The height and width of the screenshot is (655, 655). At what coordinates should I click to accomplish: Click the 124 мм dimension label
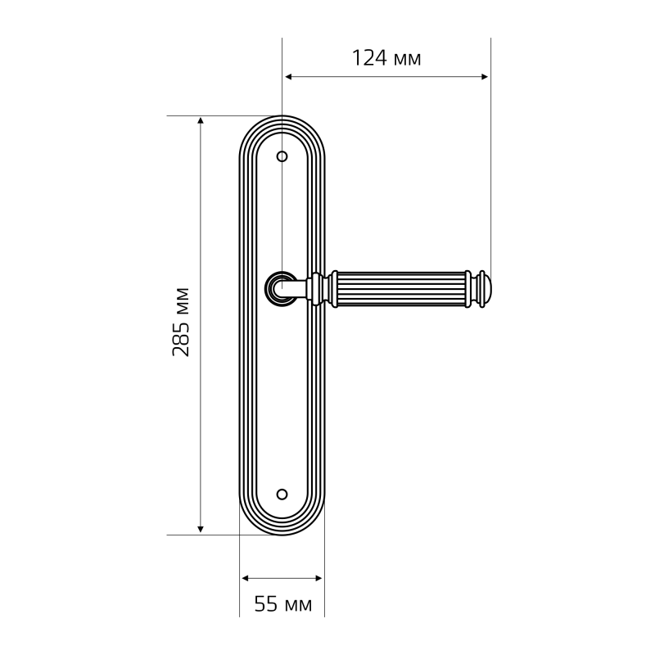coord(386,58)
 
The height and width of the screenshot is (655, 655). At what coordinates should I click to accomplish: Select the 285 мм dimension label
coord(181,322)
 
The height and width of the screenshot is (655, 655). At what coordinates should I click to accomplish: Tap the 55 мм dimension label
coord(283,604)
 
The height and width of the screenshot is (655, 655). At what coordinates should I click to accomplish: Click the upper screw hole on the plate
coord(282,156)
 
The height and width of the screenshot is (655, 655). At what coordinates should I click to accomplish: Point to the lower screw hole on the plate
coord(282,495)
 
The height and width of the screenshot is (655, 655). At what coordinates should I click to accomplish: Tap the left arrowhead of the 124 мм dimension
coord(288,77)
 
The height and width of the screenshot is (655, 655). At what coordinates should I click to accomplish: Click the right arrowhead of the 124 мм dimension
coord(485,77)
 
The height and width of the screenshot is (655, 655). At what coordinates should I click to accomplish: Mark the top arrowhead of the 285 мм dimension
coord(201,120)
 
